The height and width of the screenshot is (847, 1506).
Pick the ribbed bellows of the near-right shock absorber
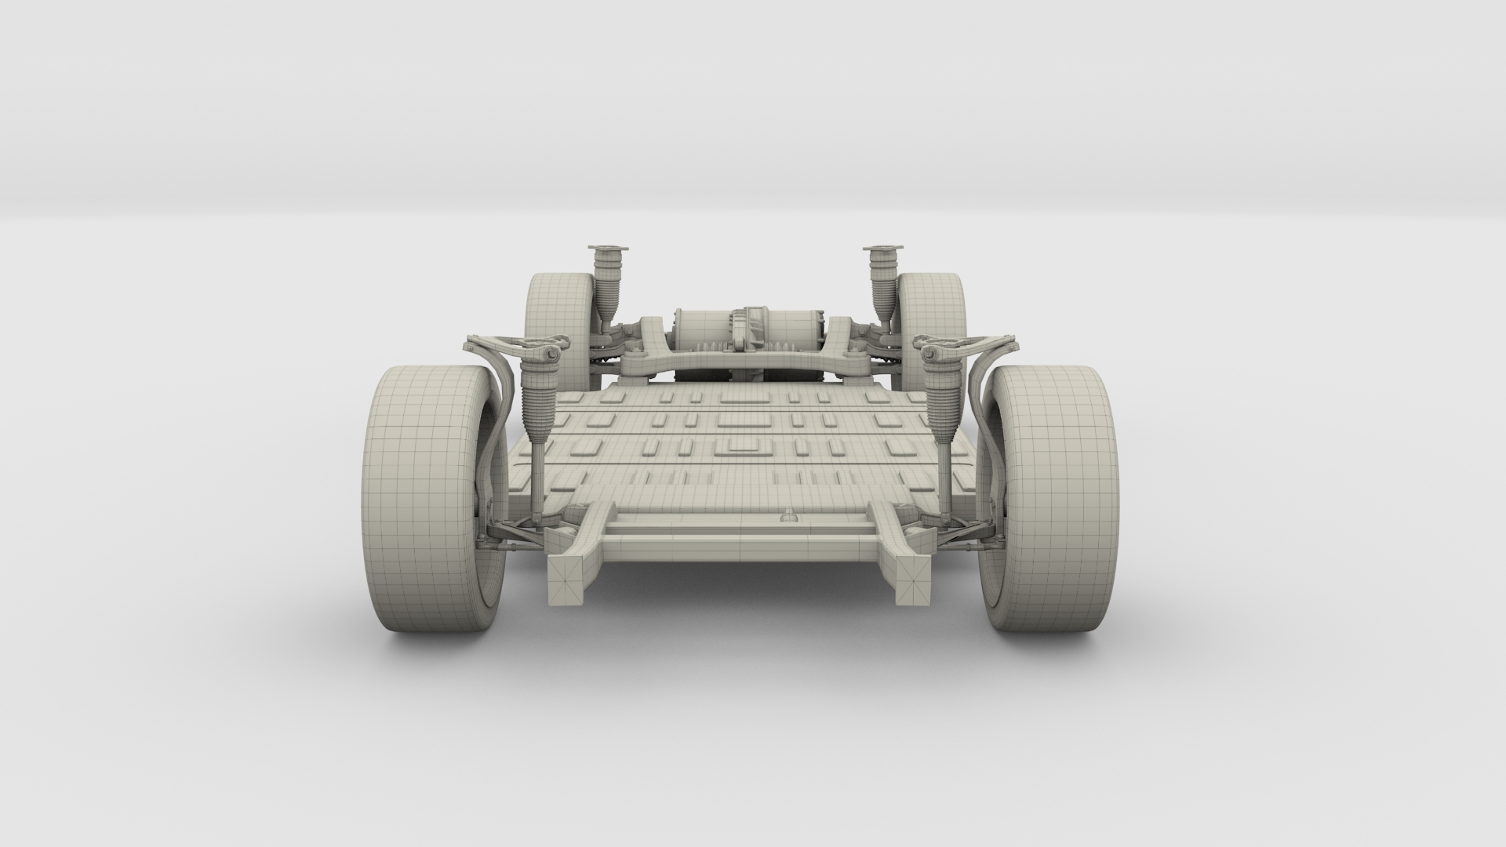click(x=941, y=405)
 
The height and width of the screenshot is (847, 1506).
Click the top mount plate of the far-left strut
click(x=608, y=249)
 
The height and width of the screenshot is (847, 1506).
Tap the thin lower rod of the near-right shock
click(x=944, y=478)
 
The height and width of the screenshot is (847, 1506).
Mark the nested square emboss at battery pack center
click(x=740, y=445)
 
